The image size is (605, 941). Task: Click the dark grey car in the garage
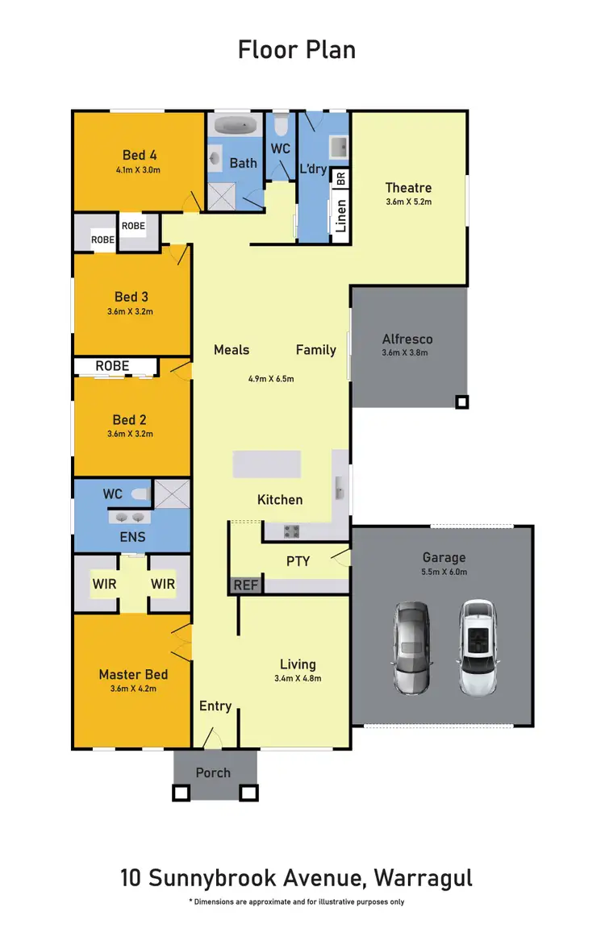411,647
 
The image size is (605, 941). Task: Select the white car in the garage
478,647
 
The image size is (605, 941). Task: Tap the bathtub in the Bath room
235,127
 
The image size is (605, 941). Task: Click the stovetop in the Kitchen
290,531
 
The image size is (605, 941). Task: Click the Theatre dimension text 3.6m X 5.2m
409,202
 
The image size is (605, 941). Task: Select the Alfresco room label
407,339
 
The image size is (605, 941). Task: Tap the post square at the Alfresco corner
461,401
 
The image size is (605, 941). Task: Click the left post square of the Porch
181,793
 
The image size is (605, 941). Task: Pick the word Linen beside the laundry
340,216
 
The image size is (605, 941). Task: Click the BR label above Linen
340,178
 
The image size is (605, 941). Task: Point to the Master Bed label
133,674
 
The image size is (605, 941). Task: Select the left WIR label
104,584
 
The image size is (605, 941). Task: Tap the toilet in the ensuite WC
139,493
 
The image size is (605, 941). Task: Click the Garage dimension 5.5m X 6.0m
444,572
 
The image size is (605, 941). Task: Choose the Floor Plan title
297,50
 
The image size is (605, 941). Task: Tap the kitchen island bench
267,465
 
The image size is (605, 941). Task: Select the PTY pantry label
298,560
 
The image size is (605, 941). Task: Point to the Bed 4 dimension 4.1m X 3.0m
137,170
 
